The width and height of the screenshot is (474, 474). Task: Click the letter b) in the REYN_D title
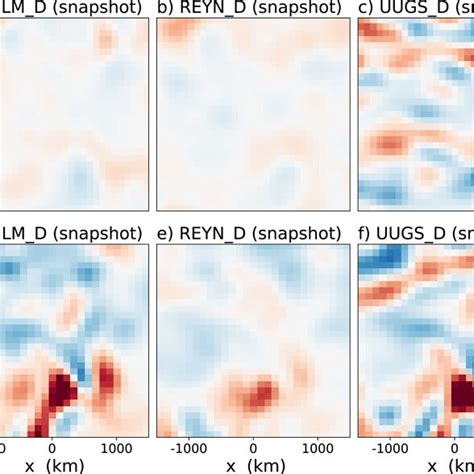[x=165, y=11]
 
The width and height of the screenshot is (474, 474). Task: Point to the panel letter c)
[x=368, y=11]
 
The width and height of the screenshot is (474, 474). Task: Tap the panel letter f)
[x=367, y=236]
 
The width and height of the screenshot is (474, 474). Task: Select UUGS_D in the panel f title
[x=412, y=236]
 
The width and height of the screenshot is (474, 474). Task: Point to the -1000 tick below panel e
[x=182, y=446]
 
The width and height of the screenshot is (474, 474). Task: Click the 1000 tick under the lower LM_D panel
[x=118, y=446]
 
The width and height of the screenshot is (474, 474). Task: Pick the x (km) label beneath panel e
[x=254, y=466]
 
